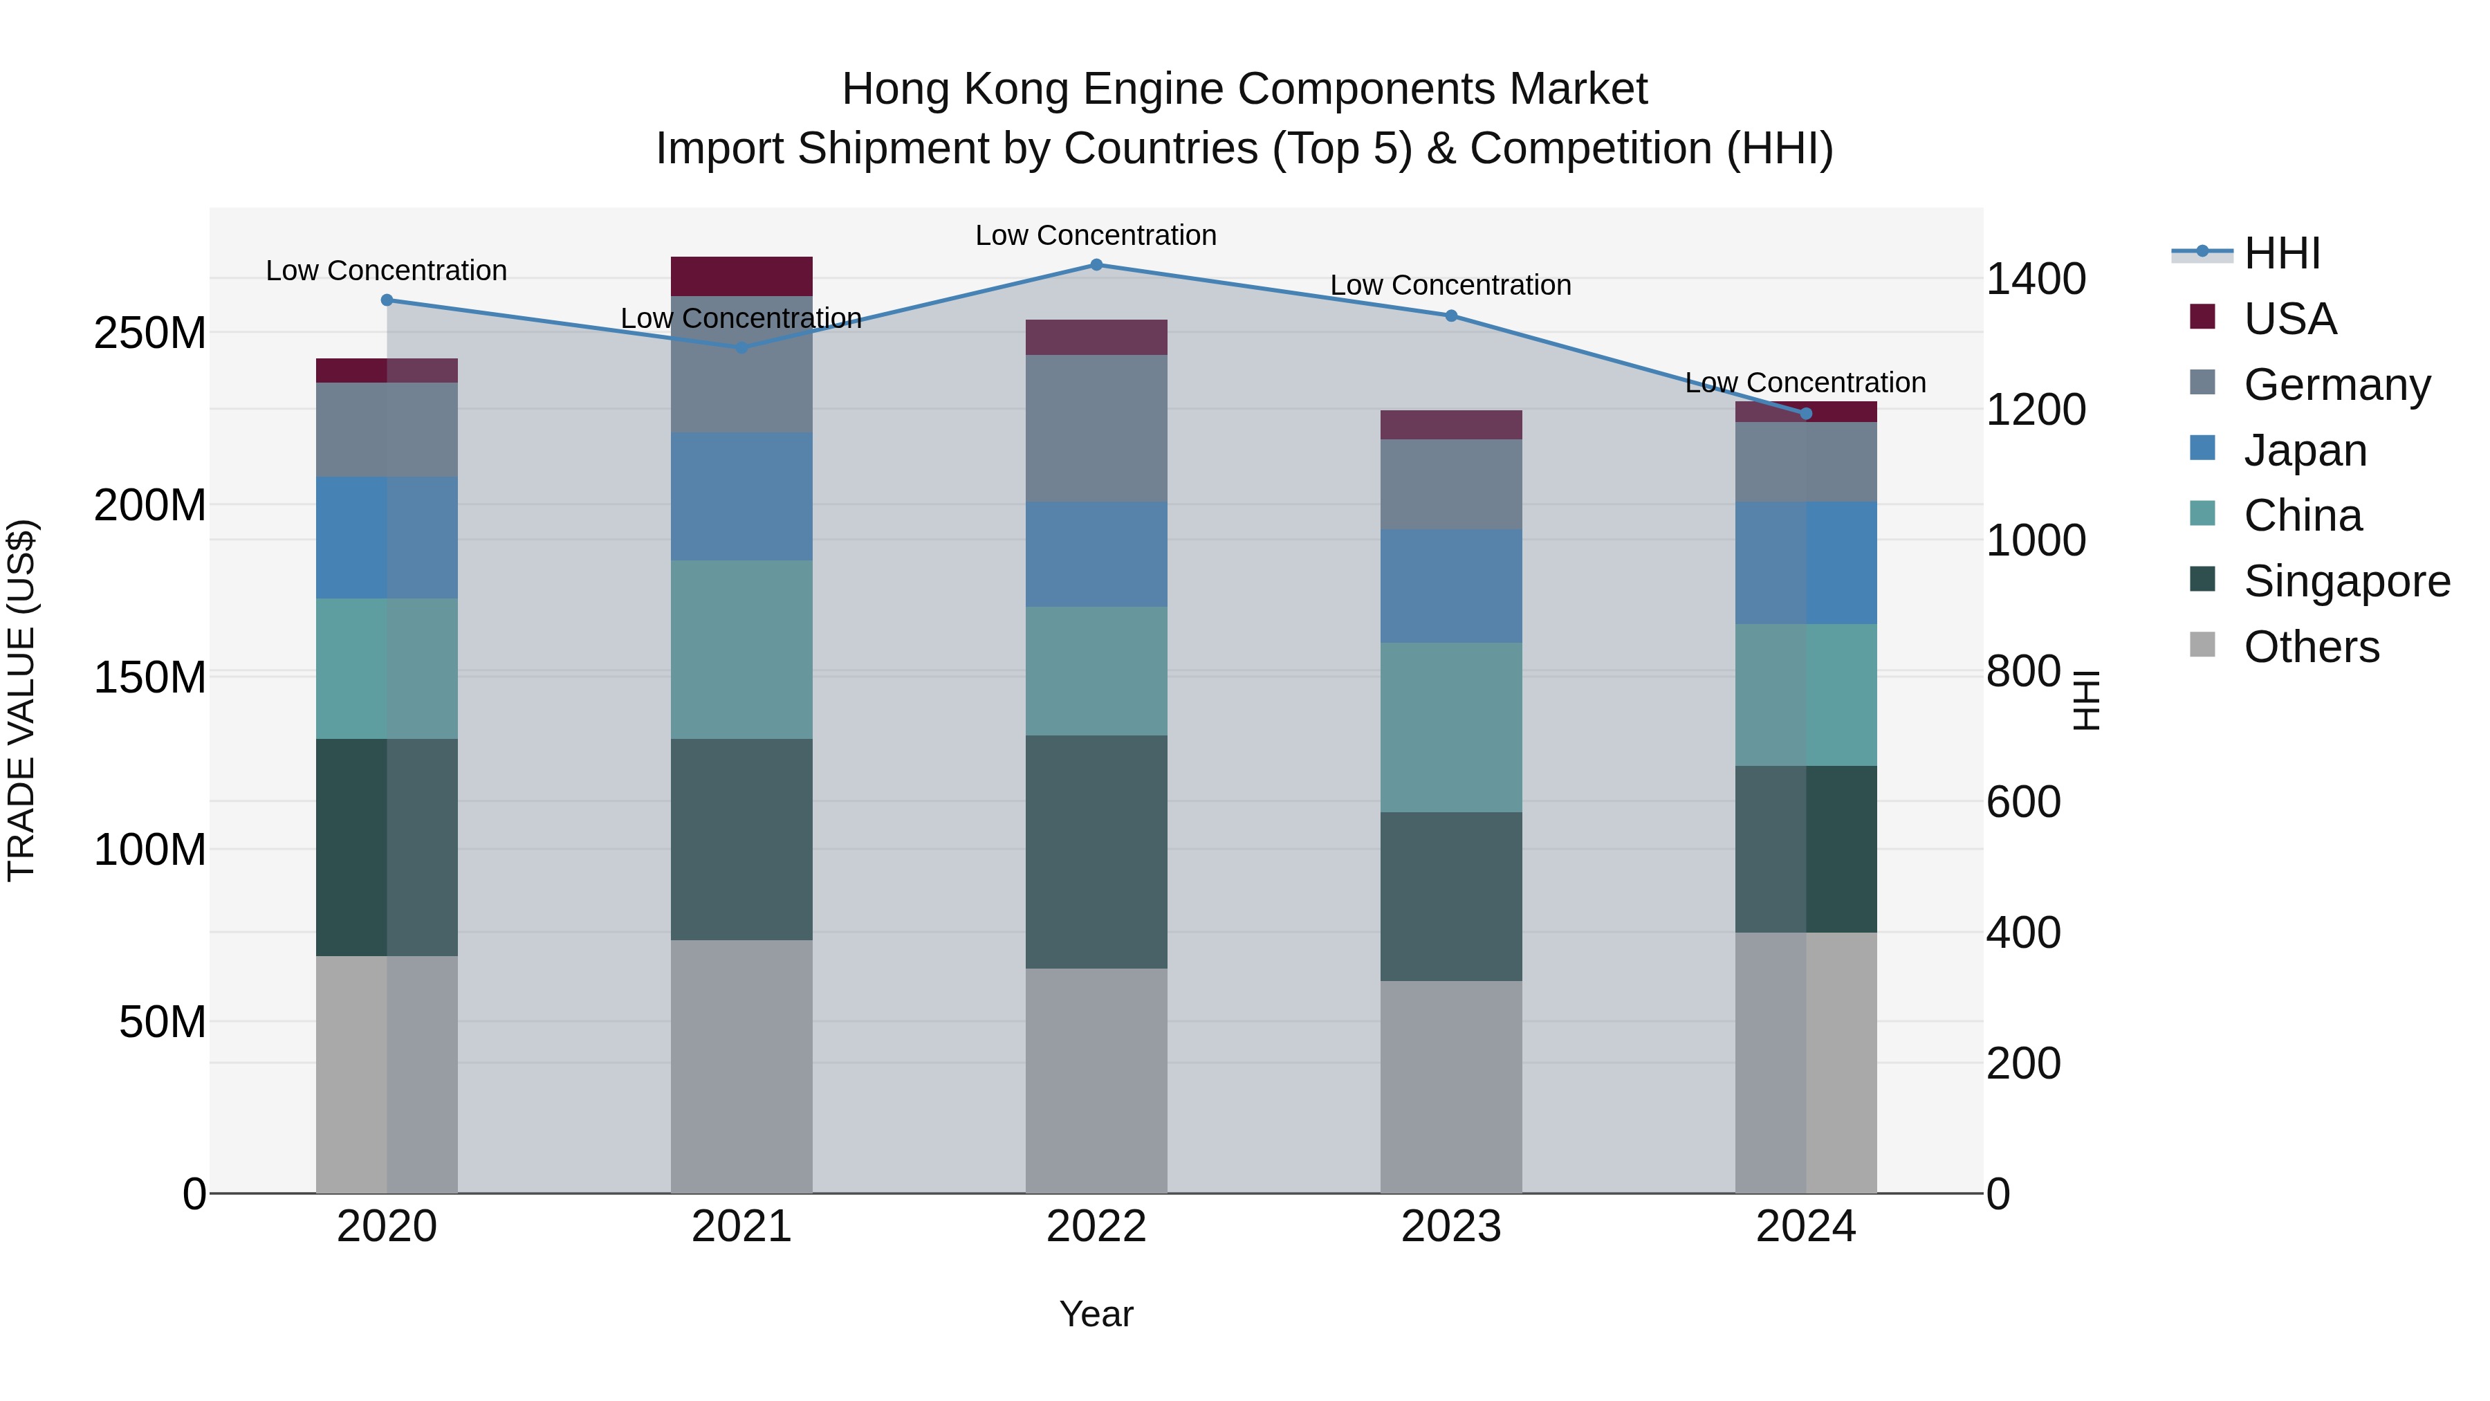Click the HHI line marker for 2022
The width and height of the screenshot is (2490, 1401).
coord(1096,264)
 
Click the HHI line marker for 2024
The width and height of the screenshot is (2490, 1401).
coord(1806,414)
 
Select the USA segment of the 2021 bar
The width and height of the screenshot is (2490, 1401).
coord(741,277)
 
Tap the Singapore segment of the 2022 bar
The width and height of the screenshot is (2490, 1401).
coord(1096,851)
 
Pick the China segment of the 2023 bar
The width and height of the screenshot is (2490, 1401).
coord(1451,727)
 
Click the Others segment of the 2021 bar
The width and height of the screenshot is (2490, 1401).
coord(741,1065)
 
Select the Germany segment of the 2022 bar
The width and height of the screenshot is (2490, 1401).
coord(1096,428)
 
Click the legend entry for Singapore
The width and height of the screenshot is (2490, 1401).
coord(2346,581)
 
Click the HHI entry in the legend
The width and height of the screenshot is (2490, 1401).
coord(2281,253)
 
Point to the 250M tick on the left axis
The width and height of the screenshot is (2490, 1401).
coord(150,333)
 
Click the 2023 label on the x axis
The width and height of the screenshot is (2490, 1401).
coord(1451,1227)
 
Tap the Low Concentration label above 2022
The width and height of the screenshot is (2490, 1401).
coord(1096,235)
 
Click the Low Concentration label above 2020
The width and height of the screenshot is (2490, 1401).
coord(387,271)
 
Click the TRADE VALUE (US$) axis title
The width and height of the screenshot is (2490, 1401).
coord(21,700)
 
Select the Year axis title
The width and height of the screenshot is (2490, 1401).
coord(1096,1314)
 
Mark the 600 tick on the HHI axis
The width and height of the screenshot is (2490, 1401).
coord(2023,802)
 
